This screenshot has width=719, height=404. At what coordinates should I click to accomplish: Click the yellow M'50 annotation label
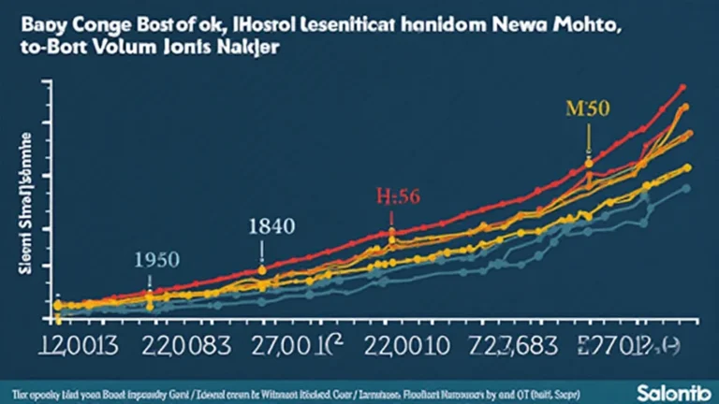pos(587,108)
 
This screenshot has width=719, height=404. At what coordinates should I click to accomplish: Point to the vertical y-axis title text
pos(21,201)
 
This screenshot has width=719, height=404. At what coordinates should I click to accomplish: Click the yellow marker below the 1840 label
pos(263,269)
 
